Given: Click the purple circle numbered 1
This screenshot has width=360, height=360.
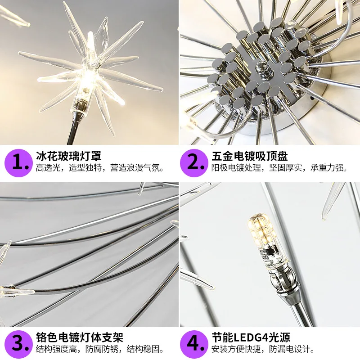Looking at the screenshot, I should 18,162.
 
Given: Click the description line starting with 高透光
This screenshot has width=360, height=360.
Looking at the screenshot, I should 100,169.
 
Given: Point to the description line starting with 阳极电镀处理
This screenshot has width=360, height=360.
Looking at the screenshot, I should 279,169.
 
